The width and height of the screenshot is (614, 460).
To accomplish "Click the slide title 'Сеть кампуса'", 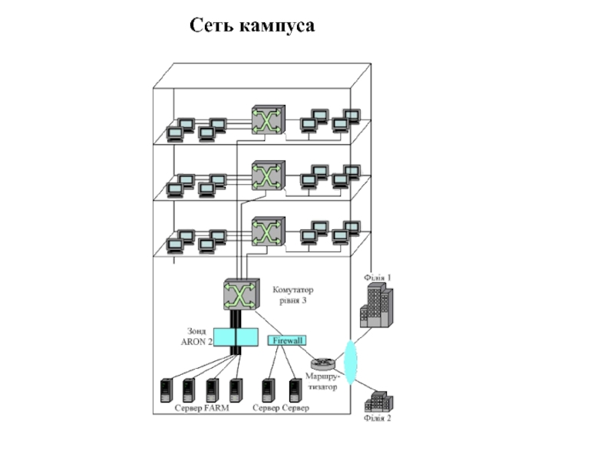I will coord(253,27).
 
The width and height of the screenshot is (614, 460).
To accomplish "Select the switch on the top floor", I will coord(267,120).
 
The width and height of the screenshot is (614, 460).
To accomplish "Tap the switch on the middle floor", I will coord(267,175).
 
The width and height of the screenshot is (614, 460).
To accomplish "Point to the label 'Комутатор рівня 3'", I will coord(292,295).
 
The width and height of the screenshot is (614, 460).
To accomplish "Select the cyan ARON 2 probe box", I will coord(236,337).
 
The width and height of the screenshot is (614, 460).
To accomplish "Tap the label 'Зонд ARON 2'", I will coord(196,337).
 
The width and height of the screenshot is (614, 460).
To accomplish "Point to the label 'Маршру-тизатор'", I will coord(321,383).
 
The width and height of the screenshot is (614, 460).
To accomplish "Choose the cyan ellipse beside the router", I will coord(352,362).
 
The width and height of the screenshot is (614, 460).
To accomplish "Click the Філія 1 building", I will coord(377,306).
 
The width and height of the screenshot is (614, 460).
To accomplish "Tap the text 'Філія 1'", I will coord(377,277).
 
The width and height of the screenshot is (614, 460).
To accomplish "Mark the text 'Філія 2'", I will coord(377,419).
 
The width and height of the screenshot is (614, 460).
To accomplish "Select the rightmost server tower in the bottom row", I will coord(295,390).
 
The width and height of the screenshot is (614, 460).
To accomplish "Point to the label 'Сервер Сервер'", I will coord(281,408).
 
